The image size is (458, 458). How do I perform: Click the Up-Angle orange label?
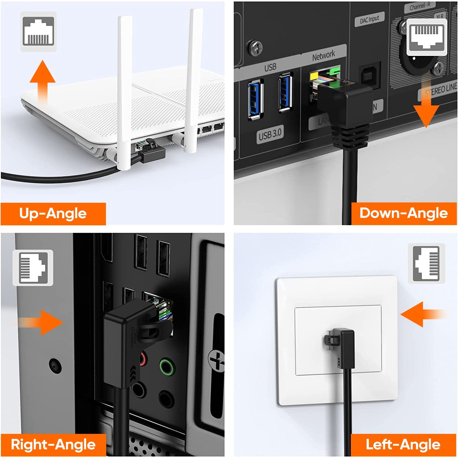pos(53,214)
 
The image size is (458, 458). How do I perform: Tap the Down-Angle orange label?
pos(404,213)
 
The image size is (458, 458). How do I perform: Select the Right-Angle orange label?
pos(53,445)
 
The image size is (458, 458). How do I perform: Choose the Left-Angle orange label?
pos(403,445)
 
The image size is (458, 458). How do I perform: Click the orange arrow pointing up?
pos(42,80)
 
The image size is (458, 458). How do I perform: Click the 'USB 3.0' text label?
pos(270,135)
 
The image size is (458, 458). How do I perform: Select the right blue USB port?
pos(285,92)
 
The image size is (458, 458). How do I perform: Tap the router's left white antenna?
pos(125,92)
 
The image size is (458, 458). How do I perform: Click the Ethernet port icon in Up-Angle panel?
pos(38,31)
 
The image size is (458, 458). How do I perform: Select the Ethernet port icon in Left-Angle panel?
pos(427,264)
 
